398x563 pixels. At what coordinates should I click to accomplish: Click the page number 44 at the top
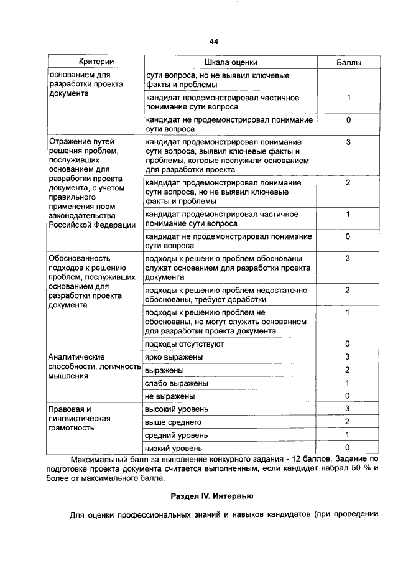point(213,42)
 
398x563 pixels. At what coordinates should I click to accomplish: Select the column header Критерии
point(95,62)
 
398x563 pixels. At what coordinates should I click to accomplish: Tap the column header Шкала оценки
point(231,62)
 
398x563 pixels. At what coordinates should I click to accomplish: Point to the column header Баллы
point(348,63)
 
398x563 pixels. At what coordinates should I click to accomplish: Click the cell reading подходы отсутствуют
point(183,344)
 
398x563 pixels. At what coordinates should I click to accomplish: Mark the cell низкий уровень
point(174,447)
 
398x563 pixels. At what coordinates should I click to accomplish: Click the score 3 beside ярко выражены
point(348,357)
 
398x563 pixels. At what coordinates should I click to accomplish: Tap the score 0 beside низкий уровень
point(348,447)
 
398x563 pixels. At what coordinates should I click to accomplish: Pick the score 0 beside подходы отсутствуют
point(348,344)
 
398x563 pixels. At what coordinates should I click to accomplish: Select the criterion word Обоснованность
point(80,258)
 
